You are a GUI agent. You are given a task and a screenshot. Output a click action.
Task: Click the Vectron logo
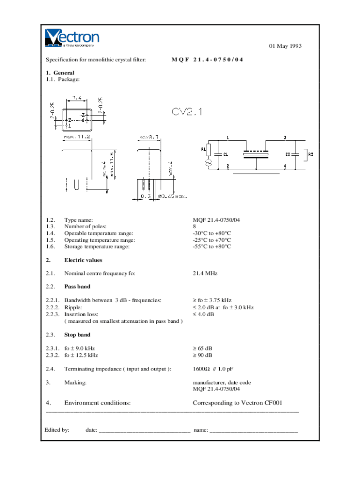click(x=72, y=38)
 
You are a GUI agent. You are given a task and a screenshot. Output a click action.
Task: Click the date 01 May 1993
click(x=285, y=46)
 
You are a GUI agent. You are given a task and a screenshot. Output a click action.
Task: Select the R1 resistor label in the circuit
click(x=203, y=150)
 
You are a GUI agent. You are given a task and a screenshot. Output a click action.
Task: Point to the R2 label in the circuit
click(x=310, y=154)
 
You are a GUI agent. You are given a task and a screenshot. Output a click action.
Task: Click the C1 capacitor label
click(x=225, y=154)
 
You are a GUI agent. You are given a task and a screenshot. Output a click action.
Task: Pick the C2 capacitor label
click(x=288, y=154)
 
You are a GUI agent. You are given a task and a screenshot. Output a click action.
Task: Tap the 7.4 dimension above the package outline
click(x=77, y=98)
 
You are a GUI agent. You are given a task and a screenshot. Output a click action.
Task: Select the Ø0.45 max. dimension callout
click(x=173, y=196)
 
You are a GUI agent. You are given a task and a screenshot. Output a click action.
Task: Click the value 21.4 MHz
click(x=205, y=273)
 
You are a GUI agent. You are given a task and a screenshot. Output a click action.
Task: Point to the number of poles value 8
click(x=194, y=226)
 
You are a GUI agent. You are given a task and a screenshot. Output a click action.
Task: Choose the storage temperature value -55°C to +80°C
click(x=212, y=247)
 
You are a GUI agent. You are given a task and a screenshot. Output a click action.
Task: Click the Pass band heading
click(x=77, y=286)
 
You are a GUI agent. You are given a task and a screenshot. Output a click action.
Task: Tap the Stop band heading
click(x=77, y=335)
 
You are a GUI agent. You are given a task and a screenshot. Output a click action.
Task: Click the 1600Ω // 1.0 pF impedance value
click(x=212, y=369)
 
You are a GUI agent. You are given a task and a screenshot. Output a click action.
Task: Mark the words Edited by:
click(x=57, y=429)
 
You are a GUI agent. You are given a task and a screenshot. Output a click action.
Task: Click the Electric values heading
click(x=83, y=260)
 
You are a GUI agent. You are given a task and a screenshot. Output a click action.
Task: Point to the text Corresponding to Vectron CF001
click(x=238, y=403)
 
